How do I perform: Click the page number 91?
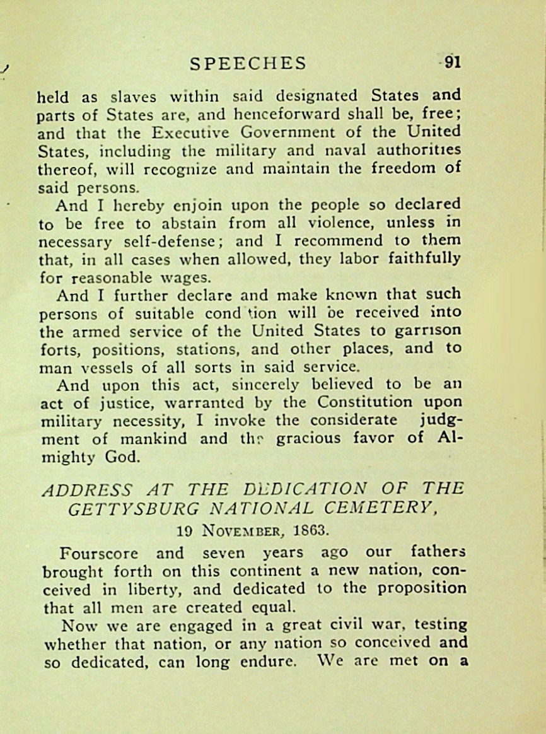[453, 62]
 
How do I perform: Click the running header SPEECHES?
[248, 63]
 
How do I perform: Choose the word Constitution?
[365, 402]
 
